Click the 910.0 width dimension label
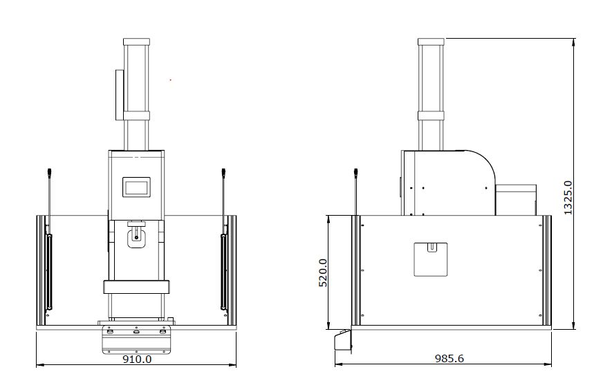coord(137,359)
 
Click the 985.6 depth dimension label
coord(449,358)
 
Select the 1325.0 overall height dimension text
coord(568,197)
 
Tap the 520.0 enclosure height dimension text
coord(324,272)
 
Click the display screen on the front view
coord(137,187)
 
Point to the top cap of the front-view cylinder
coord(137,41)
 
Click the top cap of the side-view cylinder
coord(431,41)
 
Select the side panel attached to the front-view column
coord(120,95)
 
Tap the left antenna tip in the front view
coord(49,171)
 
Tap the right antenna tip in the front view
coord(223,171)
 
